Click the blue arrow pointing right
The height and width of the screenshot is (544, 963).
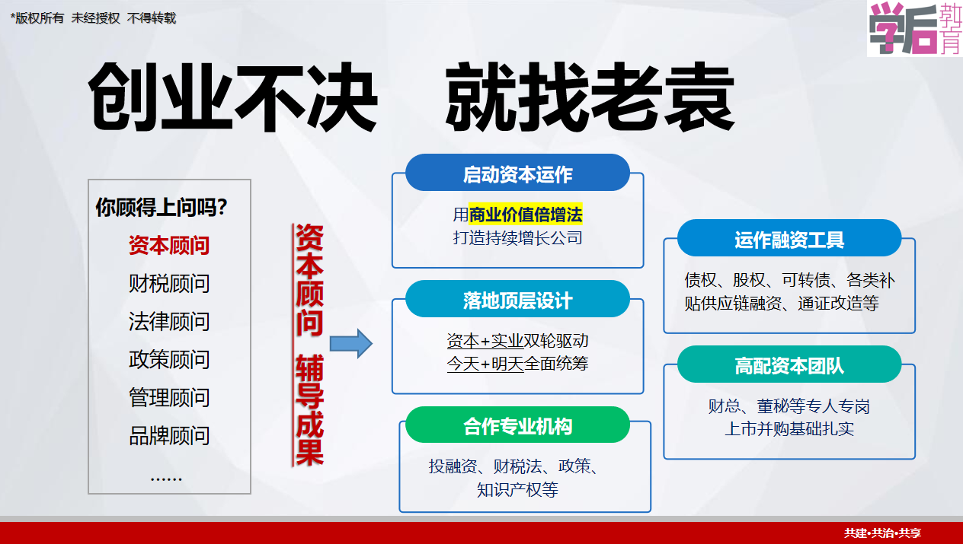(x=350, y=343)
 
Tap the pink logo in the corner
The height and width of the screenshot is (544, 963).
(x=914, y=28)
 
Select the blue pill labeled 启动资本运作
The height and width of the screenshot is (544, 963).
(x=517, y=173)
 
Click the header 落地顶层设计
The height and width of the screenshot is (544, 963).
(x=517, y=299)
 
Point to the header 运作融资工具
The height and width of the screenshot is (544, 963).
(x=789, y=238)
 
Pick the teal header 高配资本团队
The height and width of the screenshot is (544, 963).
(x=789, y=364)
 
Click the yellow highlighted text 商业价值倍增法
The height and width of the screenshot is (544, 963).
(x=526, y=215)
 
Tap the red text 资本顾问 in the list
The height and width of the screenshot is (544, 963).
(x=169, y=245)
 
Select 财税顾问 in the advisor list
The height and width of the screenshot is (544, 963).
(x=169, y=283)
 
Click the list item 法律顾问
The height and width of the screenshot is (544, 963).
(x=169, y=321)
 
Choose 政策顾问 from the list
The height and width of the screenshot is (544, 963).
(x=169, y=359)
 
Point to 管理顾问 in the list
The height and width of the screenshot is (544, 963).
(x=169, y=397)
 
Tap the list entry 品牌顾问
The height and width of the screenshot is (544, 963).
(x=169, y=435)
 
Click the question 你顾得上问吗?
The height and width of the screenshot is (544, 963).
(x=162, y=207)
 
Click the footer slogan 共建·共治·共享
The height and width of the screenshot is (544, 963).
(x=882, y=533)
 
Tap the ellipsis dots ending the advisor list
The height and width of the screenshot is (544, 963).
(x=166, y=479)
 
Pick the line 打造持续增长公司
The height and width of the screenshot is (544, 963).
(x=517, y=237)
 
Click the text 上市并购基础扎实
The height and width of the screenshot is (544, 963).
(x=789, y=428)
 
